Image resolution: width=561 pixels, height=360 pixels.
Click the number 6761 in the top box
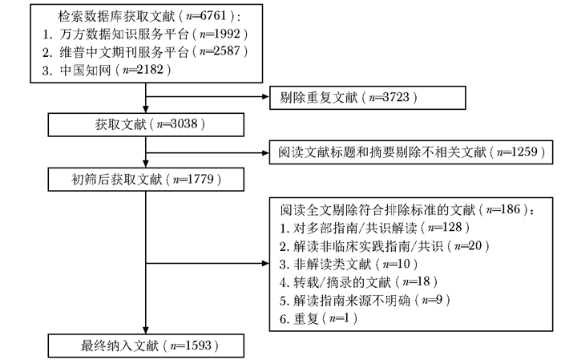222,16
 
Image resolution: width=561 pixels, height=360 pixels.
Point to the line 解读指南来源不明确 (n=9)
361,300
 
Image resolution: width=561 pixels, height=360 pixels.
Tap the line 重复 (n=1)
319,318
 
